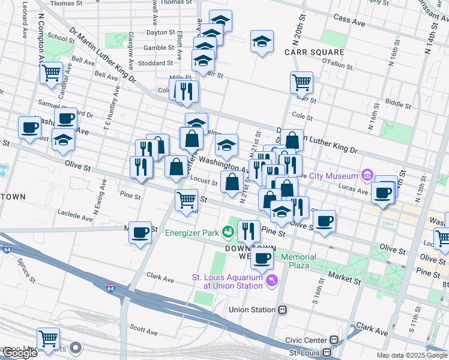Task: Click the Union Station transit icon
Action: point(282,310)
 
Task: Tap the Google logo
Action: point(20,353)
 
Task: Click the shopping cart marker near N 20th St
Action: point(301,82)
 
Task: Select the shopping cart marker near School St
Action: point(52,73)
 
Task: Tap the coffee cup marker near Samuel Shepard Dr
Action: point(65,118)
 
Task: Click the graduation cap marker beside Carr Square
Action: point(262,41)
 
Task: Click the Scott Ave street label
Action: point(144,331)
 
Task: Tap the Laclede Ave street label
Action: point(73,213)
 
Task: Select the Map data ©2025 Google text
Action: point(412,355)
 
